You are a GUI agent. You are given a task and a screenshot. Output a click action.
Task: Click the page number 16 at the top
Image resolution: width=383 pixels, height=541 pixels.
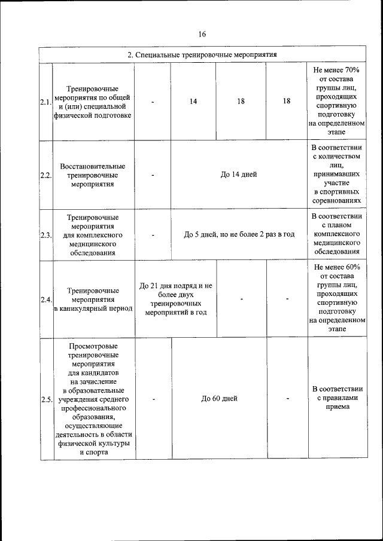pos(202,34)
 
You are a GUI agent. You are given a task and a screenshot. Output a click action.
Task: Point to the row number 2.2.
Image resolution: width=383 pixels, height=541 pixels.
pos(45,175)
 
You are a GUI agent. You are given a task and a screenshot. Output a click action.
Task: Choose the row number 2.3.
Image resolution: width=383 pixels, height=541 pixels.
pos(45,234)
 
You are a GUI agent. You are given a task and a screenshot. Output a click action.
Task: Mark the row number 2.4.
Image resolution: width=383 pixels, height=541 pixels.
pos(45,299)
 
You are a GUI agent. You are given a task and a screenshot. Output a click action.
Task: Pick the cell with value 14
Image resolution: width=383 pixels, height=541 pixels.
pos(193,102)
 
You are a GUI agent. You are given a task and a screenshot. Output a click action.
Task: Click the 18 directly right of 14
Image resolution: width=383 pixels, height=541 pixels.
pos(241,102)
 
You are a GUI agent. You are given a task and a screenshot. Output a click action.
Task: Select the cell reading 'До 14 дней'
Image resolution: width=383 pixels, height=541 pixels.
pos(239,175)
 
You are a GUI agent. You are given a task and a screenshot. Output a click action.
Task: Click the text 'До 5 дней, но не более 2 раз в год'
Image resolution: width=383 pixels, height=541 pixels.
pos(239,234)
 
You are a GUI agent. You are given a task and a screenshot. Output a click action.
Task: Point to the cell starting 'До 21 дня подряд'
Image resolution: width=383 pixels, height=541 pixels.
pos(175,299)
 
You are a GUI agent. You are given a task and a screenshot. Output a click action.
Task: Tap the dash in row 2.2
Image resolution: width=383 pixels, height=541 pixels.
pos(153,175)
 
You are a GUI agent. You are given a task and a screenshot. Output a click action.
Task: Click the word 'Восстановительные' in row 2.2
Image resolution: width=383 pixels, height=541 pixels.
pos(93,166)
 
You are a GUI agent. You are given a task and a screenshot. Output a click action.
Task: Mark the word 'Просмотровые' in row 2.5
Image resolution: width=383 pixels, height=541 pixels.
pos(93,346)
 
